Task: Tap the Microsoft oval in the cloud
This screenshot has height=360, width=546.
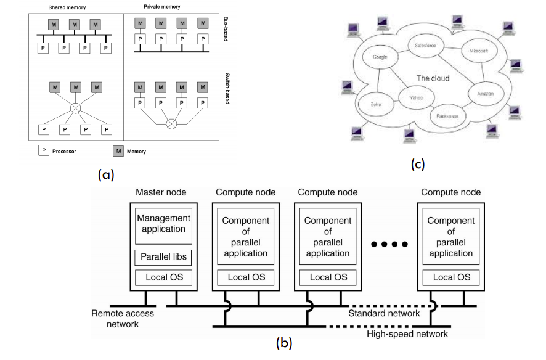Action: [x=478, y=51]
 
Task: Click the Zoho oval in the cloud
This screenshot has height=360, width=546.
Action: [x=375, y=104]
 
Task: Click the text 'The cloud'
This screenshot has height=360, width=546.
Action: [x=433, y=78]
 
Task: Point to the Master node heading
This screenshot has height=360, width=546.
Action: [x=161, y=192]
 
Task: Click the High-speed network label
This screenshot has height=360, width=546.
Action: [x=407, y=334]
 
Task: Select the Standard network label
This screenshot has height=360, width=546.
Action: [x=384, y=313]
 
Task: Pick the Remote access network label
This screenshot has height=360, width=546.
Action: [x=123, y=319]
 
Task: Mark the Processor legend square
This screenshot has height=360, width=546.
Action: [x=44, y=150]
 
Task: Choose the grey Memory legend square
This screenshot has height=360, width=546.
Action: [x=117, y=150]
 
